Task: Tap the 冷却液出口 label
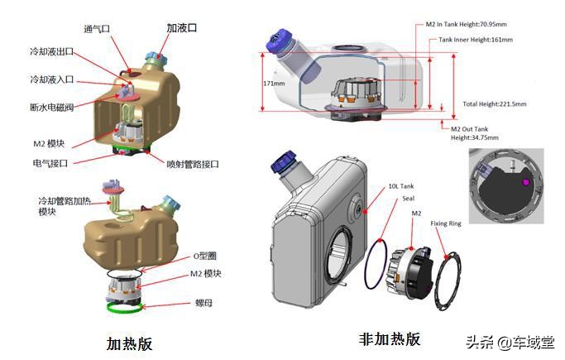click(x=52, y=51)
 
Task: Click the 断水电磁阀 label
click(x=52, y=107)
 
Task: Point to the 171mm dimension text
click(x=273, y=84)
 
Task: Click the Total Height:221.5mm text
click(x=495, y=104)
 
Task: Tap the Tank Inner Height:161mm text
click(x=475, y=39)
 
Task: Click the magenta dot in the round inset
click(x=524, y=180)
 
